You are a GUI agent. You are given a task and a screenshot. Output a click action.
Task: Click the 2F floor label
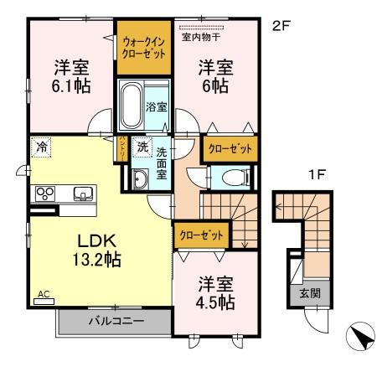point(281,26)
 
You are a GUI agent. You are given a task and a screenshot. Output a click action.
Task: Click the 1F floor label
point(315,177)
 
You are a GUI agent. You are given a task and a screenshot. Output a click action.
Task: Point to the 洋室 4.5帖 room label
point(215,292)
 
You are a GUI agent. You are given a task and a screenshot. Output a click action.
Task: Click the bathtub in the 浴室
point(131,106)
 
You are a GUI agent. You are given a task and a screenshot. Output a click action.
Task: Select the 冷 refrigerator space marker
point(41,147)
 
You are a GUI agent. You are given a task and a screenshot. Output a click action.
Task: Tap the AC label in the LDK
point(43,294)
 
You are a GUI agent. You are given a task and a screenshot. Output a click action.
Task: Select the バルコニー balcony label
point(115,321)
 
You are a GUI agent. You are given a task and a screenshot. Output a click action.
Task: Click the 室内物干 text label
point(201,37)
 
